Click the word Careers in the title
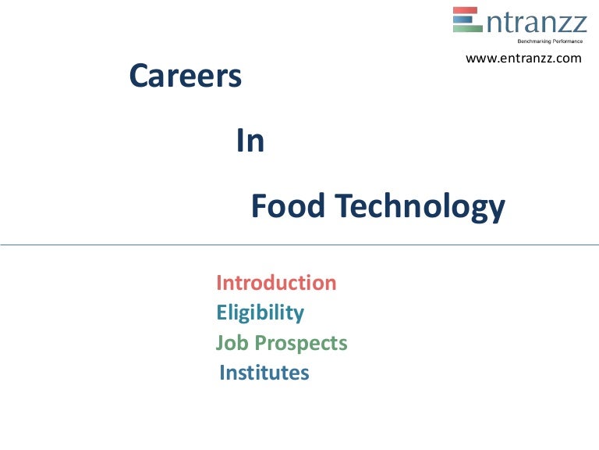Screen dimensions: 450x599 coord(185,76)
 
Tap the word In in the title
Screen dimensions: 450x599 coord(250,141)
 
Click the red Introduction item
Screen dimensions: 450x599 coord(276,282)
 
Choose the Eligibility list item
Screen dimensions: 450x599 coord(260,312)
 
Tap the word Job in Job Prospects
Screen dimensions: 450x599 coord(230,343)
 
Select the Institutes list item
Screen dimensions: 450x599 coord(264,373)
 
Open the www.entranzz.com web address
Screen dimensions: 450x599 coord(523,58)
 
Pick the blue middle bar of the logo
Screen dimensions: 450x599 coord(466,19)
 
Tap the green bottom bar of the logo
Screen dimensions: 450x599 coord(467,28)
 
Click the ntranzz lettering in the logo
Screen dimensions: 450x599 coord(536,21)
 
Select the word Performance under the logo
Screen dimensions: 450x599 coord(568,40)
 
